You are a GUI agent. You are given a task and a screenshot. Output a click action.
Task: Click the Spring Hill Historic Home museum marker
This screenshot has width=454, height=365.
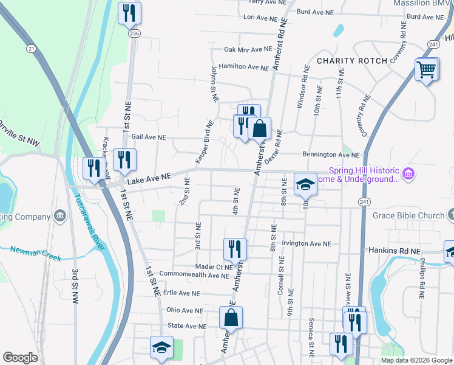click(x=408, y=175)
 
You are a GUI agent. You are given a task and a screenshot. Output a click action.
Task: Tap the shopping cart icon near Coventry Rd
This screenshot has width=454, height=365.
click(x=427, y=69)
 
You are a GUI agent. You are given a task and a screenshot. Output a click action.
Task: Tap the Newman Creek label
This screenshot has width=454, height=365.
click(x=36, y=253)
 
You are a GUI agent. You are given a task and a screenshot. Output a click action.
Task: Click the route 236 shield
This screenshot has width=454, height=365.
click(x=134, y=34)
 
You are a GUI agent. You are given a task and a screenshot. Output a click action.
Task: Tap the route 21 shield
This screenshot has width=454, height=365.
click(x=31, y=48)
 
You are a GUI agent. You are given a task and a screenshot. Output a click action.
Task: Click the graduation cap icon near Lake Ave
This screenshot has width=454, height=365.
click(x=305, y=184)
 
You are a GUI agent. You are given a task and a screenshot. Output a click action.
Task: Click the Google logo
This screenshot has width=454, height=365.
click(x=21, y=358)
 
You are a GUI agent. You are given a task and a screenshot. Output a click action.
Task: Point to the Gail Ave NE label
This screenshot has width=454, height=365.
click(x=144, y=138)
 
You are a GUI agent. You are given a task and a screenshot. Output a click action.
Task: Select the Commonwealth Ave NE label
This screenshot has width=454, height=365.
click(x=189, y=276)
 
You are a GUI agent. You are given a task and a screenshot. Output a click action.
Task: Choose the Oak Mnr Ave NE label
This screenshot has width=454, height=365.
click(x=248, y=49)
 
